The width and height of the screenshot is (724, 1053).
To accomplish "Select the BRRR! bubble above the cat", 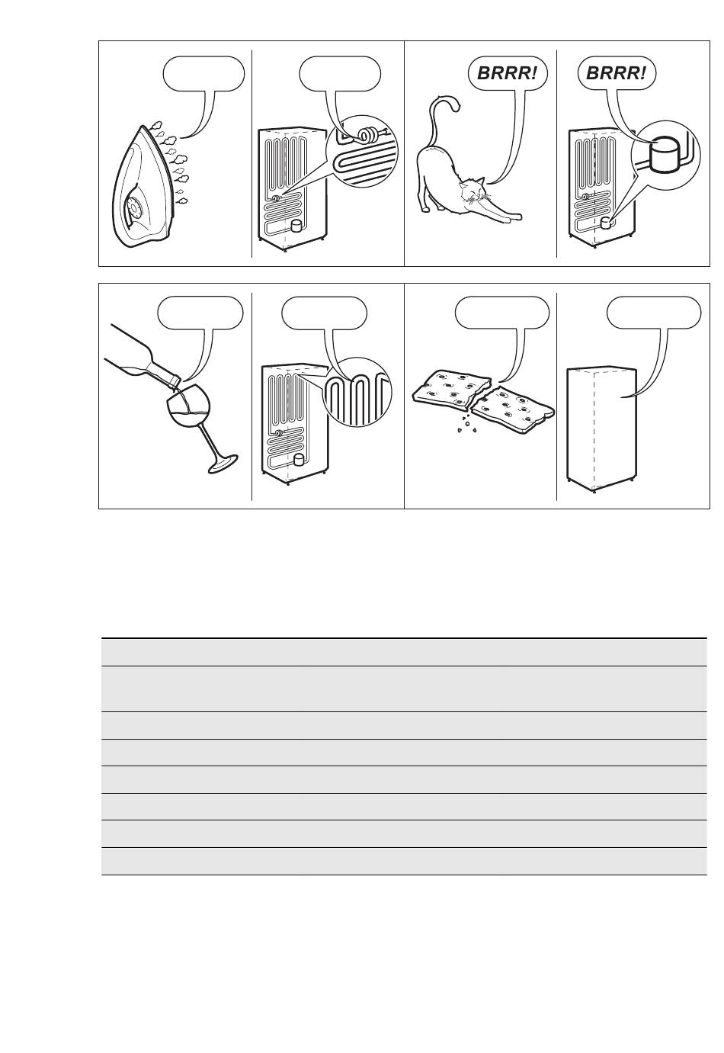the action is click(508, 74).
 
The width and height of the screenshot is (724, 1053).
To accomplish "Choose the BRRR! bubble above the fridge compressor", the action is click(617, 74).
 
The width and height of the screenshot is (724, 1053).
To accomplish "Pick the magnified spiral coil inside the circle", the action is click(367, 135).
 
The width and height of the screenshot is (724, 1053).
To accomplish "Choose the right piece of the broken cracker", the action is click(513, 404).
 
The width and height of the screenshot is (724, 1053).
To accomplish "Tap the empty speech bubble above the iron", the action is click(203, 74).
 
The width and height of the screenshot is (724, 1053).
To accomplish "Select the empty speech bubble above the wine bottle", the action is click(201, 313).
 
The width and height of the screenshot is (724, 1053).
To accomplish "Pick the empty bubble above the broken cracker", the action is click(502, 313).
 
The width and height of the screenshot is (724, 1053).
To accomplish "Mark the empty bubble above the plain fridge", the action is click(654, 313).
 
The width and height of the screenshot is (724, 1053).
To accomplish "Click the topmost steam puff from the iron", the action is click(156, 126).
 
